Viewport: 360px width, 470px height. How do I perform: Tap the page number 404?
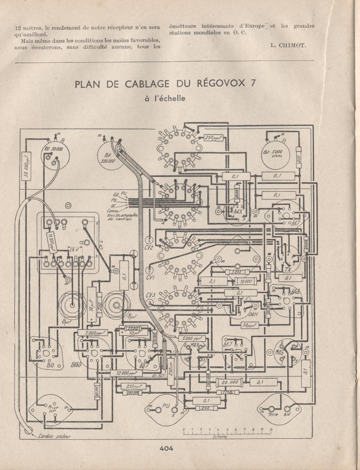click(166, 448)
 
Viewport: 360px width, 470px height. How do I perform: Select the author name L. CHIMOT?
click(288, 45)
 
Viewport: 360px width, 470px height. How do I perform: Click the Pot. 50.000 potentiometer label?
click(53, 149)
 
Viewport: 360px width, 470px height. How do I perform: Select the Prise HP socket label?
click(53, 409)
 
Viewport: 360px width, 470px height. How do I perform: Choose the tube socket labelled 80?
click(50, 365)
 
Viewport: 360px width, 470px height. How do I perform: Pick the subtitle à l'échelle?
click(165, 98)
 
